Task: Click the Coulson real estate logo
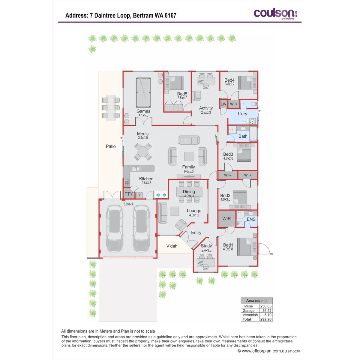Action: [x=275, y=14]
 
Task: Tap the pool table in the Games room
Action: [x=143, y=92]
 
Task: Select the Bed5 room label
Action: [x=182, y=94]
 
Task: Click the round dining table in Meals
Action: [x=143, y=152]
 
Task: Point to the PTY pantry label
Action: [x=128, y=194]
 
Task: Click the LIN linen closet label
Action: [x=223, y=104]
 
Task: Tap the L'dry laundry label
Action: [x=242, y=114]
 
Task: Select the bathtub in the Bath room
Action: [x=253, y=133]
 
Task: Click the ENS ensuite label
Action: [x=251, y=219]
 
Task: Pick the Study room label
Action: [x=206, y=246]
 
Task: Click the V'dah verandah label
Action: [x=172, y=246]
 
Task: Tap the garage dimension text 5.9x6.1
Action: [x=128, y=204]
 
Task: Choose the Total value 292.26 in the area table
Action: [x=266, y=319]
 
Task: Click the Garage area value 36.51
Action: [x=267, y=310]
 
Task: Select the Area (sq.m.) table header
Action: [x=256, y=301]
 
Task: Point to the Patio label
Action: [x=111, y=146]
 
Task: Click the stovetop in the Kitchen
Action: [x=127, y=182]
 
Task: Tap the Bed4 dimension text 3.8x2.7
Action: [x=229, y=84]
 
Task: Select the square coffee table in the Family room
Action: [x=189, y=156]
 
